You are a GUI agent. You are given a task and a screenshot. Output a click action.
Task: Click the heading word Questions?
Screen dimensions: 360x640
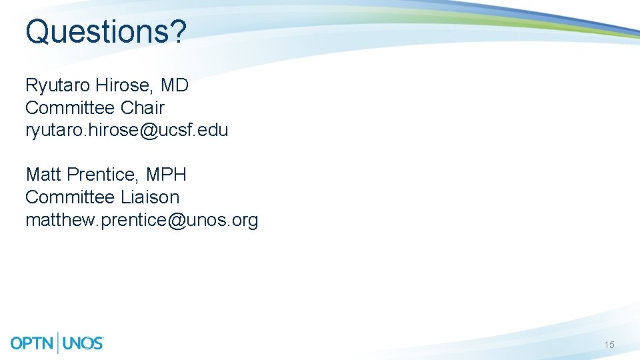pos(105,31)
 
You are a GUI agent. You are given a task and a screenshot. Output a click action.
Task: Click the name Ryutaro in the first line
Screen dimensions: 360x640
pos(58,85)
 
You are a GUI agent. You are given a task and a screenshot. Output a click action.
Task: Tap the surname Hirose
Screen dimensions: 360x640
pos(125,85)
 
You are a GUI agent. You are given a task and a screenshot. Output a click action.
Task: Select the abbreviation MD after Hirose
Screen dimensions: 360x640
pos(175,85)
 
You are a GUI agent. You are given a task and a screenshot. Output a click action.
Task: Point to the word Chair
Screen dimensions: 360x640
pos(143,107)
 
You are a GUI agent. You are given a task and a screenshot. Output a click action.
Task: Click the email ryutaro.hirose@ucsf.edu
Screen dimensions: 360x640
pos(127,130)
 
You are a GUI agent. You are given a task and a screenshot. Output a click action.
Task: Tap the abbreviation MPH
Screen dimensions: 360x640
pos(166,175)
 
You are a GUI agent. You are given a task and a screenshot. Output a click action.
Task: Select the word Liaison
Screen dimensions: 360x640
pos(150,197)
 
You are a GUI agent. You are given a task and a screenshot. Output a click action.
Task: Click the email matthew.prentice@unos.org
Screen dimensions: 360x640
pos(141,220)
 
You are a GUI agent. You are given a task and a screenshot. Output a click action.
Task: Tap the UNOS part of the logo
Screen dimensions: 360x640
pos(83,343)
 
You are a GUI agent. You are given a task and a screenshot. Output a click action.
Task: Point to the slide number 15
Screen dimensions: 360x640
pos(609,345)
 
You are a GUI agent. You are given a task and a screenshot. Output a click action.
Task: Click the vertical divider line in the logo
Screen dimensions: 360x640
pos(59,343)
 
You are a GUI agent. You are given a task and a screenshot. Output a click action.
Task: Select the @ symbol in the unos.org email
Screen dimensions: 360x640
pos(177,220)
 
